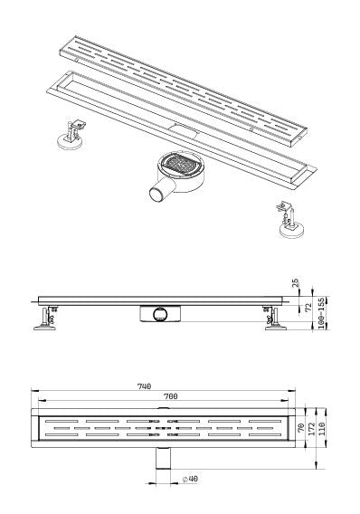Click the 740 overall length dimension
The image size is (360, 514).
[143, 385]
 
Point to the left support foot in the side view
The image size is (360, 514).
[44, 319]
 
